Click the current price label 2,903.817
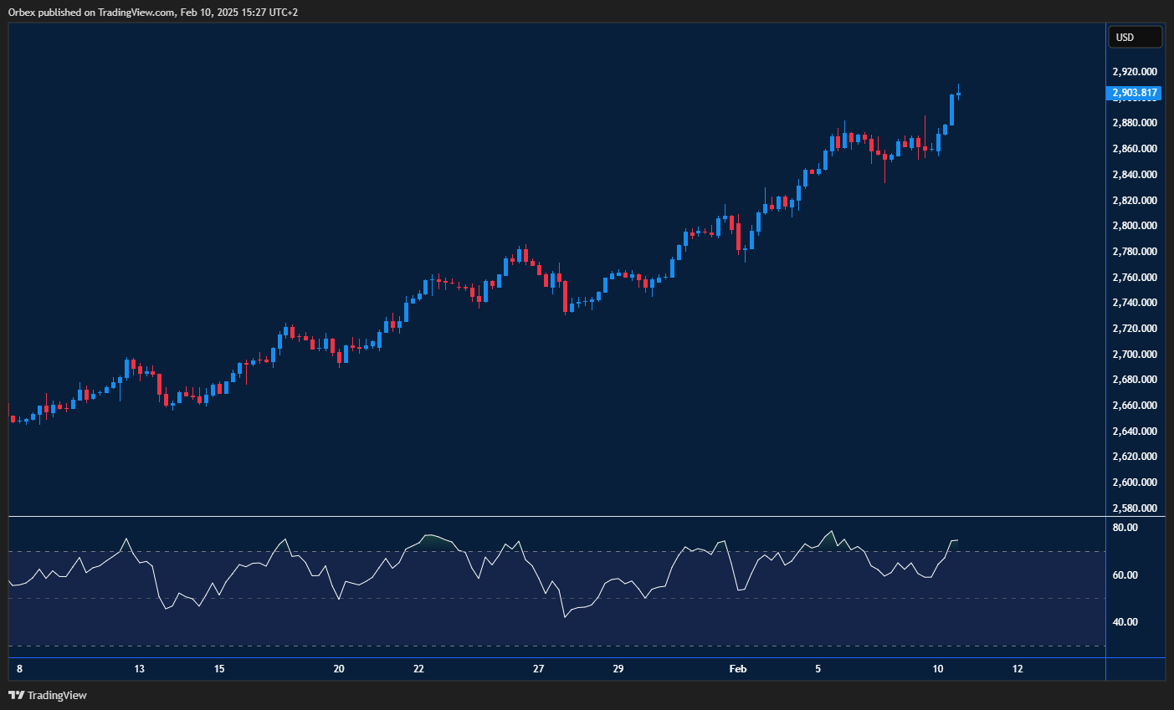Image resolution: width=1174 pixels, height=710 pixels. click(1134, 93)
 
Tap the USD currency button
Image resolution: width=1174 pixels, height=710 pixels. click(1135, 37)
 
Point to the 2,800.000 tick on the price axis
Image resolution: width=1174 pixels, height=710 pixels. click(1134, 226)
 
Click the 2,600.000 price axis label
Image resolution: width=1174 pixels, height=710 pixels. click(1134, 483)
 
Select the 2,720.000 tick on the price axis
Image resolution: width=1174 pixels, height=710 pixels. click(1134, 329)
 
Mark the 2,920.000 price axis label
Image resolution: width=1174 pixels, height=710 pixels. click(1134, 72)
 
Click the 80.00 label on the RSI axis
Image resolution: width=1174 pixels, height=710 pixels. click(1125, 528)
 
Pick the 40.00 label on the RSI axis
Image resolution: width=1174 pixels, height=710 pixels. click(1125, 622)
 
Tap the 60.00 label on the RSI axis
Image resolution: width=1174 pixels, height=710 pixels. click(1125, 575)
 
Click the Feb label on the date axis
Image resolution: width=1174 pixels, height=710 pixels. click(737, 669)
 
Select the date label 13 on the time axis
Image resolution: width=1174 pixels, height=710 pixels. click(140, 669)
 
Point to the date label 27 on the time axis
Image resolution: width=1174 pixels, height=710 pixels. click(538, 669)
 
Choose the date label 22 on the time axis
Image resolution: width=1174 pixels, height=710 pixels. click(418, 669)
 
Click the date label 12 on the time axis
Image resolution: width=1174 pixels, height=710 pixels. click(1018, 669)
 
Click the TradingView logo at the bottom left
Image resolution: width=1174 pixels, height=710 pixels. click(48, 695)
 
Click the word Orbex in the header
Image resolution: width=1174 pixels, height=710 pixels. click(23, 13)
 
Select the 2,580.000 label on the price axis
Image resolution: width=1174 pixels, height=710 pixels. click(1134, 508)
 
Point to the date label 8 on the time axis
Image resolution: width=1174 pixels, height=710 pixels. click(19, 669)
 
